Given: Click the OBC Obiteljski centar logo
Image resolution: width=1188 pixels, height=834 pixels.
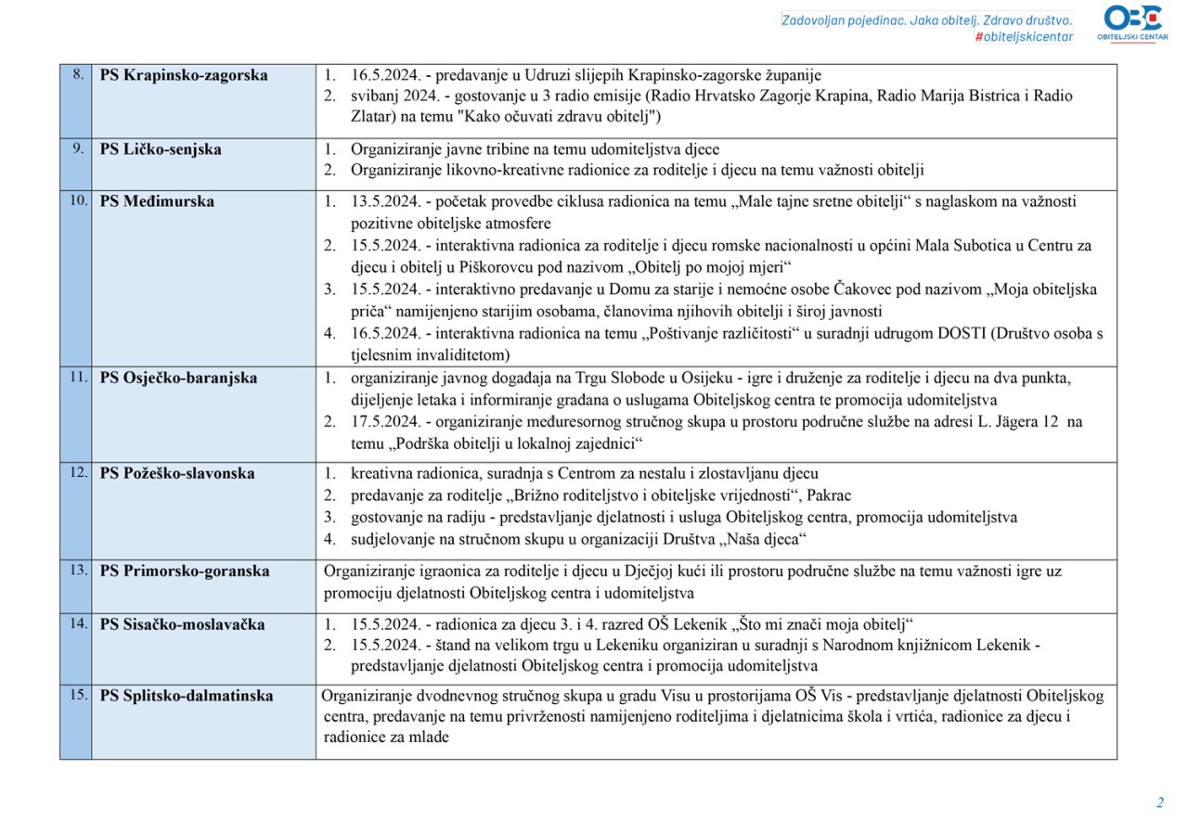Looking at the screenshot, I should [1134, 22].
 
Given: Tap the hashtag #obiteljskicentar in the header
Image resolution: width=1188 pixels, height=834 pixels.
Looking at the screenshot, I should [1024, 36].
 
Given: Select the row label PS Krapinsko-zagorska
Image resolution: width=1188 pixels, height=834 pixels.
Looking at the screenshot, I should [184, 75].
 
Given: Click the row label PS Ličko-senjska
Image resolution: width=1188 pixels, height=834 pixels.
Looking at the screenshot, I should [161, 148].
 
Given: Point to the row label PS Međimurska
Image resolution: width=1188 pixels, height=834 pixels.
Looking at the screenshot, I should [157, 201].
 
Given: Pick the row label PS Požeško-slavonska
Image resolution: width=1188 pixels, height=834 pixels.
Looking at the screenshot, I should [177, 473].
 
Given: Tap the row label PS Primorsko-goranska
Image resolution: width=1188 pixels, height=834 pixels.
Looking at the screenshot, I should [185, 571].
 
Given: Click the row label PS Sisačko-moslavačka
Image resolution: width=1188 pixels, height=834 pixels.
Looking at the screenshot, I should [182, 624].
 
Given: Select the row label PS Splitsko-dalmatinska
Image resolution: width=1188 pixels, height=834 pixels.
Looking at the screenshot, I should [187, 696].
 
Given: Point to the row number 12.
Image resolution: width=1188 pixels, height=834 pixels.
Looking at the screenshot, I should [76, 472].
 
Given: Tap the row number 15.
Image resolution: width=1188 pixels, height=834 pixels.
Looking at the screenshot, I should [76, 695].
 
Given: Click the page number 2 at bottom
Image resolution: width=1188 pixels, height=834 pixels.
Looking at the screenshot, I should [1159, 802].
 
